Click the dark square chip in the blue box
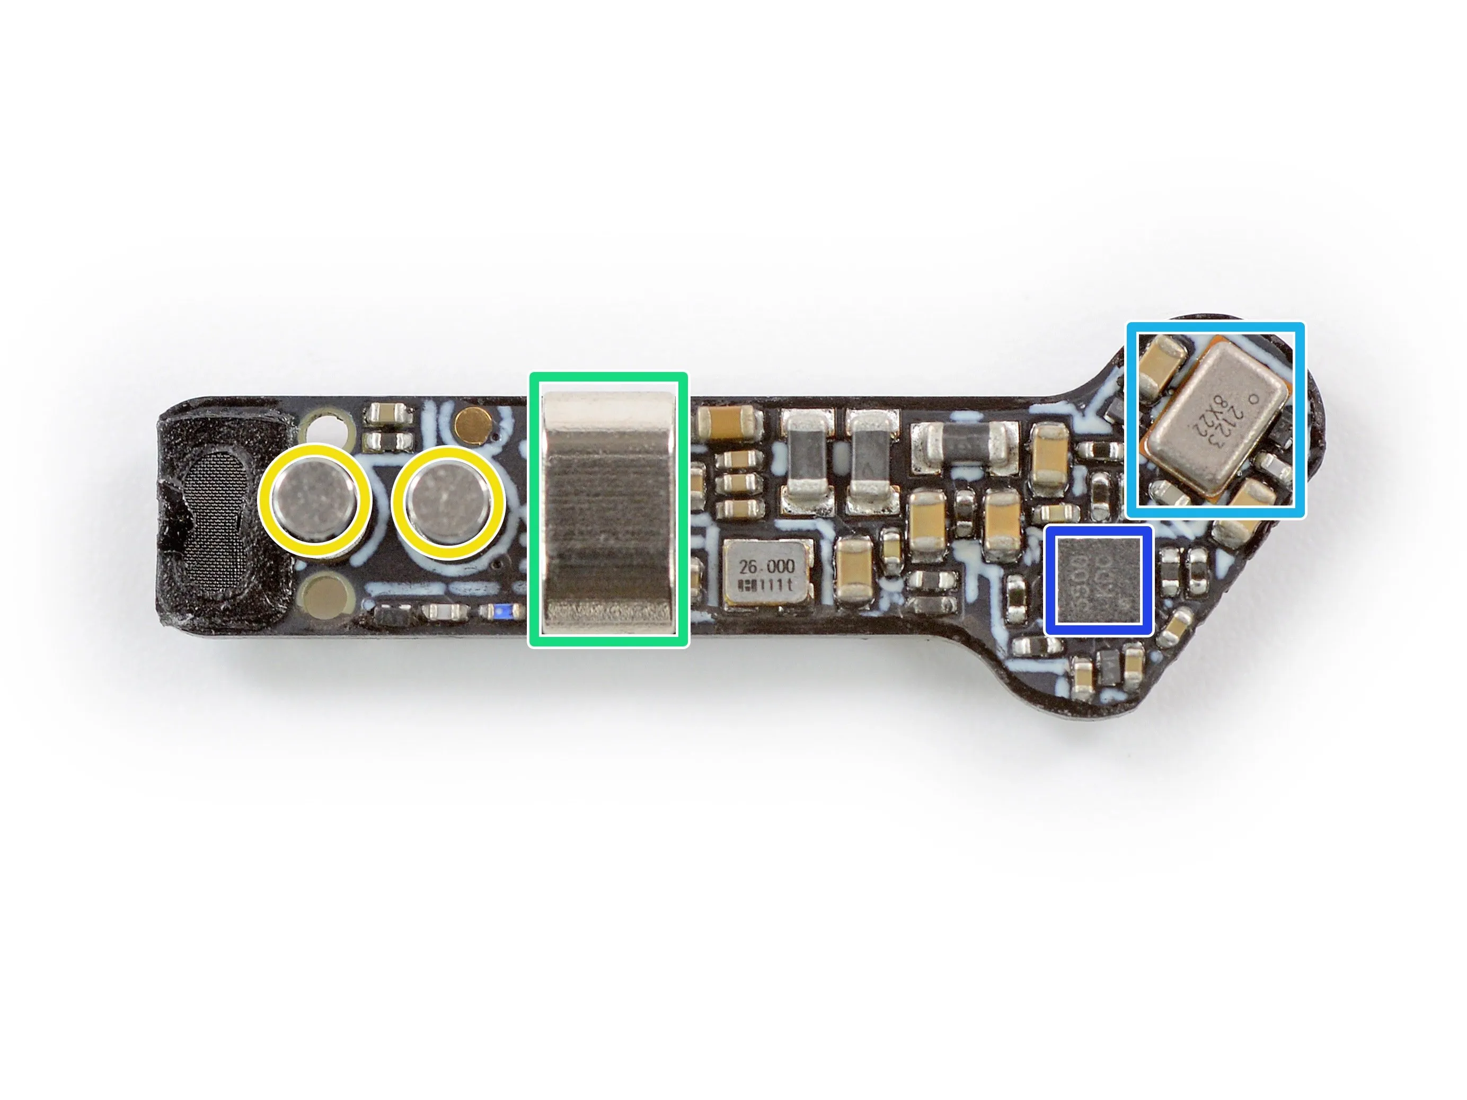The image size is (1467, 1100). click(1098, 580)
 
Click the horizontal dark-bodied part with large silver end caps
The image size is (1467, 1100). click(966, 439)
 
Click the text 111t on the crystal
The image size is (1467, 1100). click(776, 585)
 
